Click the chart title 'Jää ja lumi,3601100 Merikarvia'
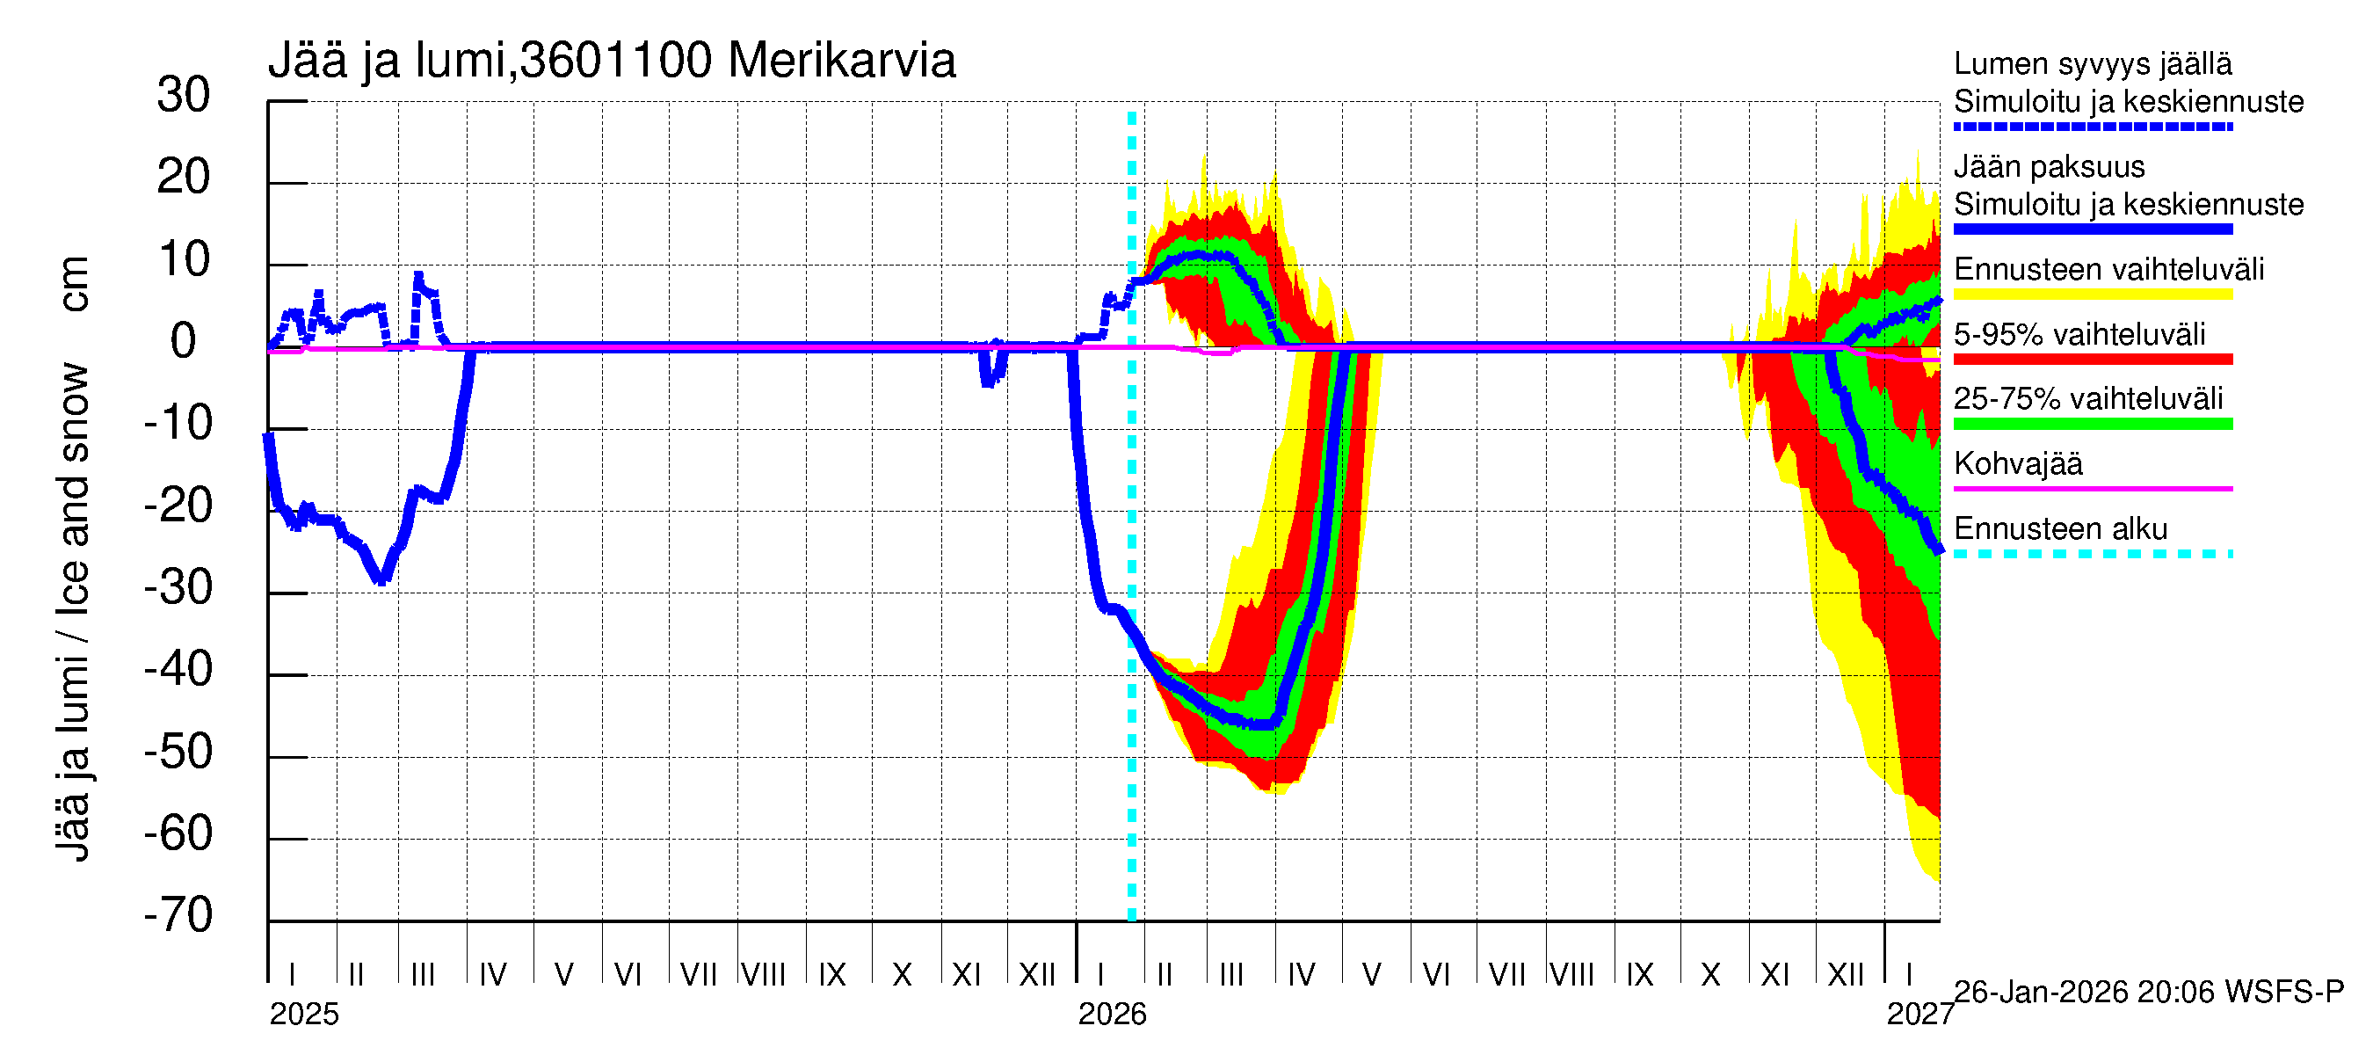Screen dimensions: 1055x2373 (612, 61)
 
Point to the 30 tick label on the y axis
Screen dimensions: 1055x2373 (184, 95)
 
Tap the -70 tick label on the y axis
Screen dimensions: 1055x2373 (178, 915)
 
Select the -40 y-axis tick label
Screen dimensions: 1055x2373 (178, 669)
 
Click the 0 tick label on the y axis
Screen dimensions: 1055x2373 (184, 341)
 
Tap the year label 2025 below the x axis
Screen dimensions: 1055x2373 (304, 1015)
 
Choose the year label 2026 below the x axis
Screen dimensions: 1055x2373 (1112, 1015)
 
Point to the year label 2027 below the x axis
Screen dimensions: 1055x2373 (1919, 1015)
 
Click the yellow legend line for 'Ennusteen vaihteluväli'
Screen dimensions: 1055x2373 (2092, 295)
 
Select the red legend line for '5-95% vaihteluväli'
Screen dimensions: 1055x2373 (2092, 360)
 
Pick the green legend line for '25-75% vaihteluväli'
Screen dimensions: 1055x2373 (2092, 424)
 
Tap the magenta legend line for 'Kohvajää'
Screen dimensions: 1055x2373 (2092, 488)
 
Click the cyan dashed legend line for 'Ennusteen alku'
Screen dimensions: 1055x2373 (2092, 554)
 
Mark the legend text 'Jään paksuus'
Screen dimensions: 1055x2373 (2049, 167)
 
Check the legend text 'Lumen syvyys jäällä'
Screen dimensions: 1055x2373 (2092, 63)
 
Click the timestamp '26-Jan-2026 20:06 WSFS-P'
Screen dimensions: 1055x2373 (2148, 993)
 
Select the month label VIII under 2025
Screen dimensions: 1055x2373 (764, 974)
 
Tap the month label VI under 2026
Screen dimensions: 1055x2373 (1436, 974)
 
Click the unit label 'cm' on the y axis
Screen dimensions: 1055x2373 (73, 284)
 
